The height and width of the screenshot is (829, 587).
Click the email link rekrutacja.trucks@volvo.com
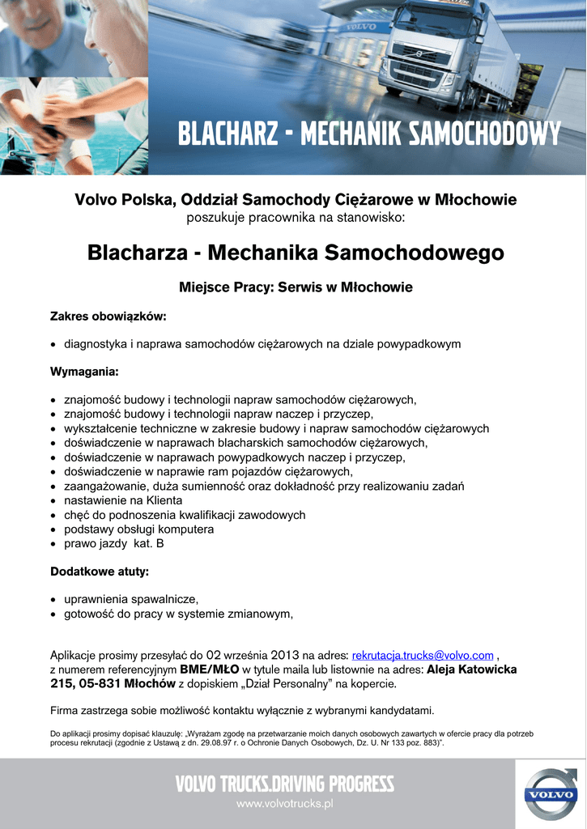click(x=423, y=655)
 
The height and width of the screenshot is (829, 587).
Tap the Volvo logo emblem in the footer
click(x=550, y=794)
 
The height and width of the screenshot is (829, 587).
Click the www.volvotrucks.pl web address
click(x=285, y=804)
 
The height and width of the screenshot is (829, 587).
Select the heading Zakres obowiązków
click(x=108, y=316)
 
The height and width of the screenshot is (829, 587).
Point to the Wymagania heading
click(x=84, y=372)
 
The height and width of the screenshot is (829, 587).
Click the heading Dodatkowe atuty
click(x=100, y=572)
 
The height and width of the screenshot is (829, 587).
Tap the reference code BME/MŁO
click(x=209, y=670)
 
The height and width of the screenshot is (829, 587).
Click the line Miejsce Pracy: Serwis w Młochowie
click(x=296, y=287)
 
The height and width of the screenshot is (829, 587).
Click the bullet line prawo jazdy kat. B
click(x=114, y=544)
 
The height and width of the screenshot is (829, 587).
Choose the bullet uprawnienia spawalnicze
click(x=131, y=599)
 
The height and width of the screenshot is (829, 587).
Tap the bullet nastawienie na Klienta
click(x=123, y=500)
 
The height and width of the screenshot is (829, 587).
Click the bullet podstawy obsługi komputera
click(x=139, y=529)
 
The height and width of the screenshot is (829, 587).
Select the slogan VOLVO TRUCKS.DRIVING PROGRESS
click(x=285, y=784)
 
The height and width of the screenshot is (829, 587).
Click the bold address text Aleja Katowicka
click(x=471, y=670)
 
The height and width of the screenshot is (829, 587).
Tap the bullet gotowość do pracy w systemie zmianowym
click(x=178, y=614)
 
